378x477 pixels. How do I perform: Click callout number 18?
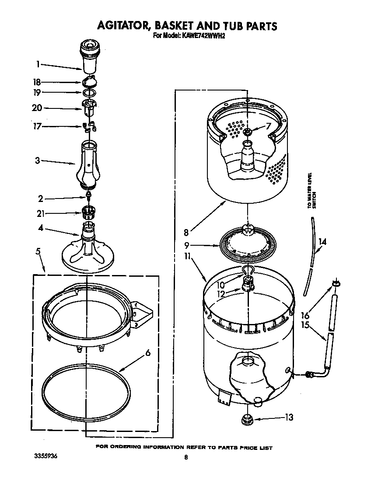[37, 82]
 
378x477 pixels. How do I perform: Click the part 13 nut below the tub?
[247, 419]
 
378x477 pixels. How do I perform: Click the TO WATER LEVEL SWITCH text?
[311, 191]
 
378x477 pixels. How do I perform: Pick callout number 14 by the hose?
[322, 241]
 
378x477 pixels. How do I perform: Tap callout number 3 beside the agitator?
[38, 160]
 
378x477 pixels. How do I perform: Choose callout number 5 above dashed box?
[38, 251]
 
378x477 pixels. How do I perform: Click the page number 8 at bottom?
[186, 457]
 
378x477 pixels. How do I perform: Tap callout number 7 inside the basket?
[269, 127]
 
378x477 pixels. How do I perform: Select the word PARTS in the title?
[257, 26]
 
